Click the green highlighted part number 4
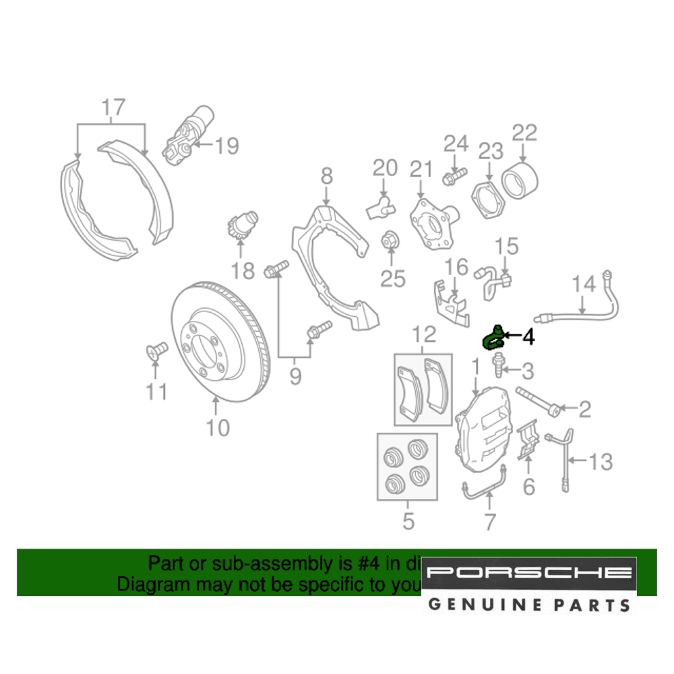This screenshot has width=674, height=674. (x=494, y=337)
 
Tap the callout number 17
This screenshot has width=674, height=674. (x=113, y=106)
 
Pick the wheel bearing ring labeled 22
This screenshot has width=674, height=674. (x=520, y=180)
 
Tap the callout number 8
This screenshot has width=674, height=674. (x=326, y=177)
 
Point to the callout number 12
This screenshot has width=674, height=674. (x=425, y=333)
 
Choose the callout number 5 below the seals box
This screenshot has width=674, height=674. (x=408, y=520)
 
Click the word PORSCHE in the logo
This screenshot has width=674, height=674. (x=530, y=573)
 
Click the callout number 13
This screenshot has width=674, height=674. (x=601, y=462)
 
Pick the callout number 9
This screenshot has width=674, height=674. (x=295, y=375)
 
